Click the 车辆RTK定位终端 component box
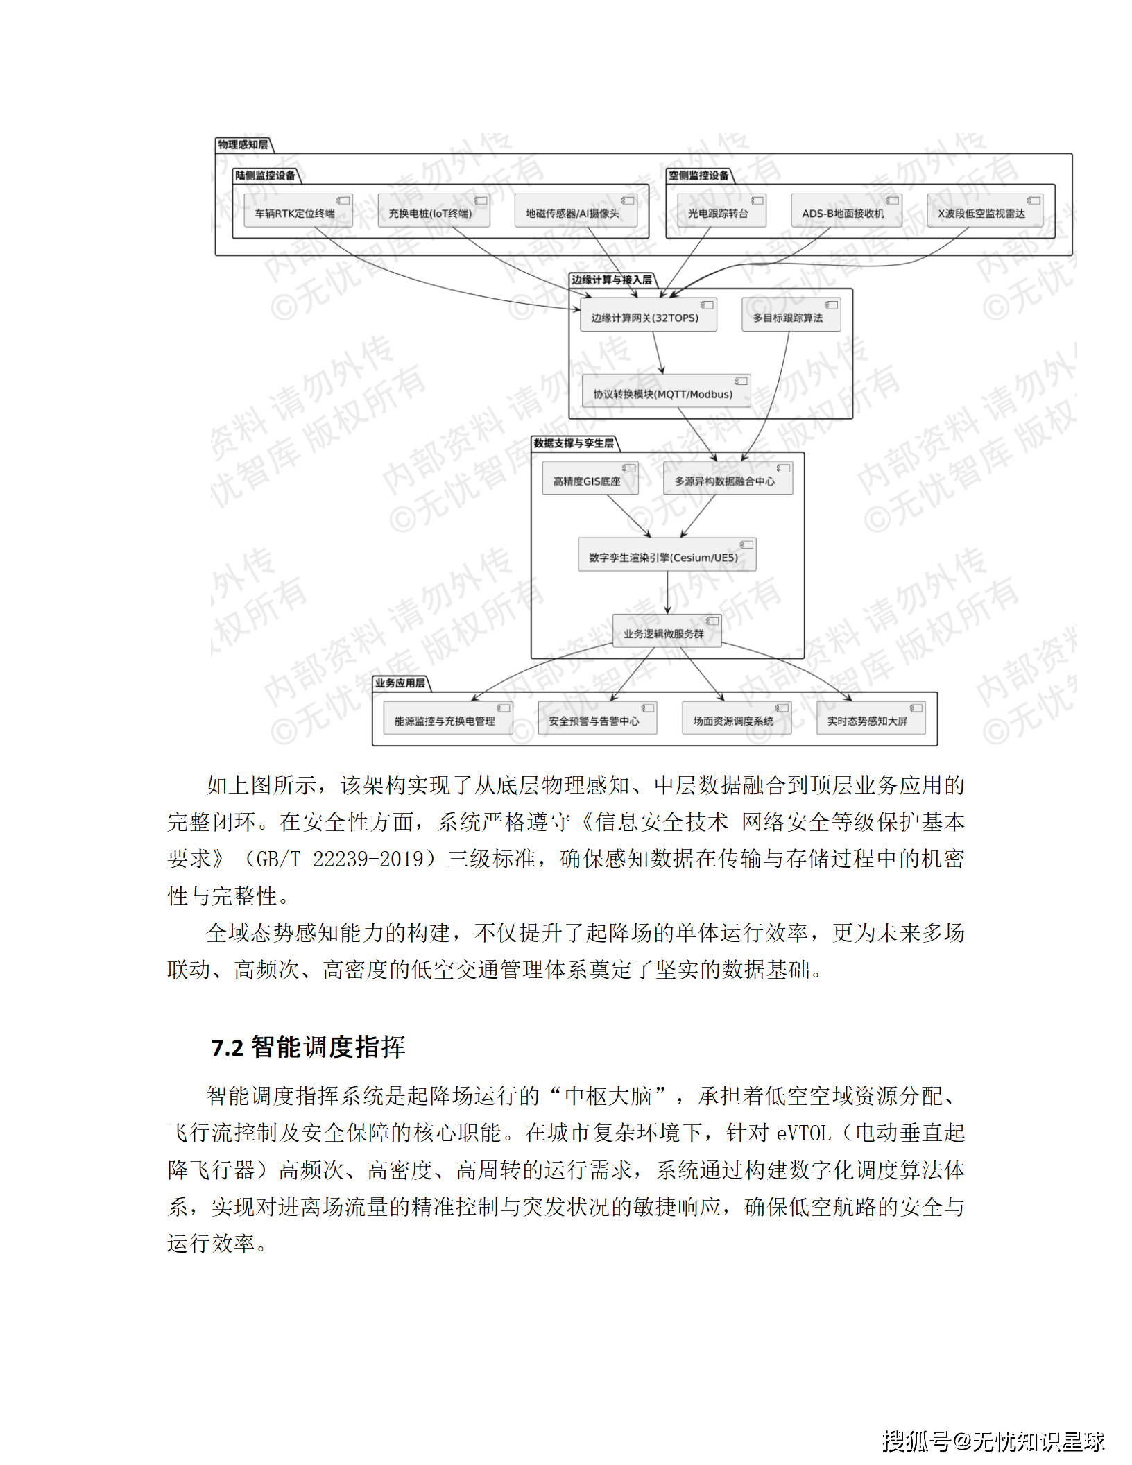298,211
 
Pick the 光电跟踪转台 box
721,211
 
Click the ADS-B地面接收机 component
846,211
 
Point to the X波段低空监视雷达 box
984,211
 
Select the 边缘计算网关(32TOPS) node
648,315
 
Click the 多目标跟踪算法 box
791,315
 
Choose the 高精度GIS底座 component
590,479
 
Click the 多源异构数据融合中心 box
728,479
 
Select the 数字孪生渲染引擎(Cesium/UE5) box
667,555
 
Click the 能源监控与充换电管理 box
447,719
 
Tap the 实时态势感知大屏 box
871,719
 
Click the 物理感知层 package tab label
243,145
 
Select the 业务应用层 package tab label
400,683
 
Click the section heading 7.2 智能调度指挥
308,1047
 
